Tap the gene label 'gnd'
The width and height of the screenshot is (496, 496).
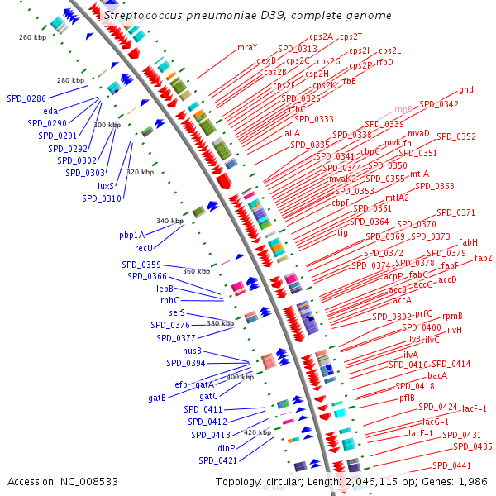(x=466, y=89)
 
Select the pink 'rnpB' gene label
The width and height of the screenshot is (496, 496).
(x=403, y=109)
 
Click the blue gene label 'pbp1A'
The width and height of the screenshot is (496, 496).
(x=131, y=235)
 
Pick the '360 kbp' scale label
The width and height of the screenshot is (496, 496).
(x=197, y=271)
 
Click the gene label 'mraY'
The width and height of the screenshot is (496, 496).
(x=247, y=47)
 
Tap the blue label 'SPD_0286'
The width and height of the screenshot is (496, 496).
(x=26, y=98)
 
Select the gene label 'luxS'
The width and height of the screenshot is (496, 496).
(x=106, y=186)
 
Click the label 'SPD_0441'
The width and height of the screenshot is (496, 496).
(x=451, y=465)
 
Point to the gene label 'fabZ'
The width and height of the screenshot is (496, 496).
(x=483, y=259)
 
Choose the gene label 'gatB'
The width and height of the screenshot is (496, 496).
(x=157, y=398)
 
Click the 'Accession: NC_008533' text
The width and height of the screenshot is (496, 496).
(x=62, y=481)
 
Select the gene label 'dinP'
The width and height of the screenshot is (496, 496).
(x=227, y=448)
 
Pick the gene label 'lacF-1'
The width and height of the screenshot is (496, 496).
(x=475, y=408)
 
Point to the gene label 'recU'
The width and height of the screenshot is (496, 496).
(x=144, y=247)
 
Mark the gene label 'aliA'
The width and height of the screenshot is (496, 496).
(x=293, y=133)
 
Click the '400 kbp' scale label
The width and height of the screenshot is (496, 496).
(x=240, y=377)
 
